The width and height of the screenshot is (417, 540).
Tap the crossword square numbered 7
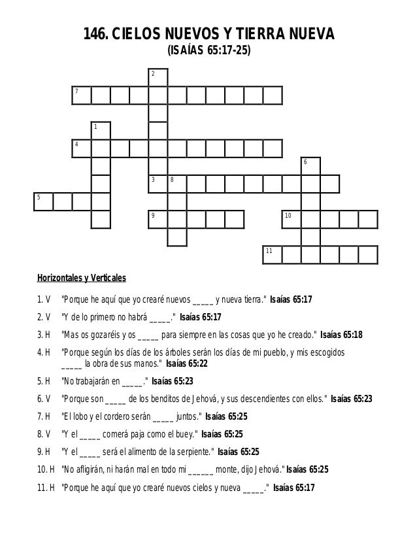coord(82,95)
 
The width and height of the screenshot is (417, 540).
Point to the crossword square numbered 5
coord(43,201)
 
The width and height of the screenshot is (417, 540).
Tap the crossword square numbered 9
coord(158,219)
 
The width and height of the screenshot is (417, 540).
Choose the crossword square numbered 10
coord(292,219)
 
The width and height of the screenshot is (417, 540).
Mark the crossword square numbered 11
coord(273,254)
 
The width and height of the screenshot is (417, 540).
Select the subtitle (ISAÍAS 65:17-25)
coord(208,51)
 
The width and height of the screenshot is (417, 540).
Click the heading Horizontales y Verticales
coord(81,277)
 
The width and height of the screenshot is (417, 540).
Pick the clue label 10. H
coord(44,468)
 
